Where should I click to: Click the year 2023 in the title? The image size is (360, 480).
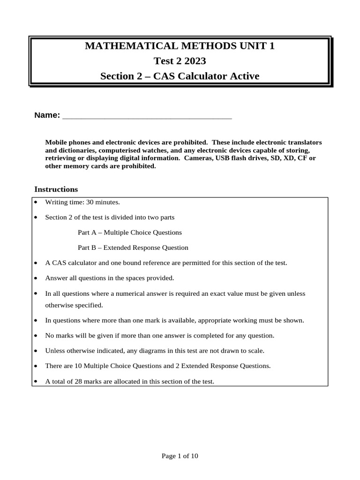pyautogui.click(x=195, y=61)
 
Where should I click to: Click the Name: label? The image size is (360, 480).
pyautogui.click(x=47, y=115)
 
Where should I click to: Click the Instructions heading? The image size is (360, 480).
pyautogui.click(x=56, y=189)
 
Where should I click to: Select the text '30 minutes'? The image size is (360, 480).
pyautogui.click(x=104, y=202)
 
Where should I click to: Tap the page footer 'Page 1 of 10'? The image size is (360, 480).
pyautogui.click(x=180, y=456)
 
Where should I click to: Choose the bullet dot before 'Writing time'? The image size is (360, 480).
pyautogui.click(x=36, y=202)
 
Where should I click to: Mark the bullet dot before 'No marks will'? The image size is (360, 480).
pyautogui.click(x=36, y=335)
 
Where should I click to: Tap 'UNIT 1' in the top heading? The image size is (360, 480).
pyautogui.click(x=256, y=46)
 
